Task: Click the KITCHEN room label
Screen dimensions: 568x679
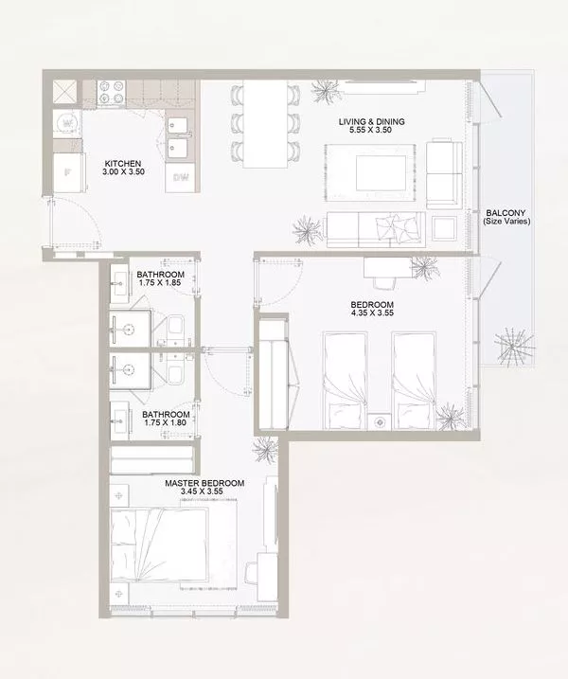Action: point(123,164)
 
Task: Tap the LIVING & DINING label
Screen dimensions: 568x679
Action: point(371,121)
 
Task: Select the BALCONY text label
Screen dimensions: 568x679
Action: point(506,213)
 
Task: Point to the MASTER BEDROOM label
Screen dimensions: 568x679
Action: point(204,483)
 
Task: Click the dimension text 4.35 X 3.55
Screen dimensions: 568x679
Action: point(372,313)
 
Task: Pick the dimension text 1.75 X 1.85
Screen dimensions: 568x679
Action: point(160,283)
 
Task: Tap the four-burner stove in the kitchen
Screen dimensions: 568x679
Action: point(112,93)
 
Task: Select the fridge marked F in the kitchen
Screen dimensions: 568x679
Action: point(68,172)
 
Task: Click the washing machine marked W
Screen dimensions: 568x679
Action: point(67,123)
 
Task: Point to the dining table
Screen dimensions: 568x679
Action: point(265,124)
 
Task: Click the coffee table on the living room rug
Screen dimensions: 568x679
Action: point(381,173)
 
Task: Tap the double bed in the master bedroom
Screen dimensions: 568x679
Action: point(159,545)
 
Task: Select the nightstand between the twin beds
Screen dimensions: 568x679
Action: point(380,421)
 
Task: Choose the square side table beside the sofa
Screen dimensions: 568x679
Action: point(444,228)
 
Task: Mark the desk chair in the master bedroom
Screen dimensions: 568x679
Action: point(251,573)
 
